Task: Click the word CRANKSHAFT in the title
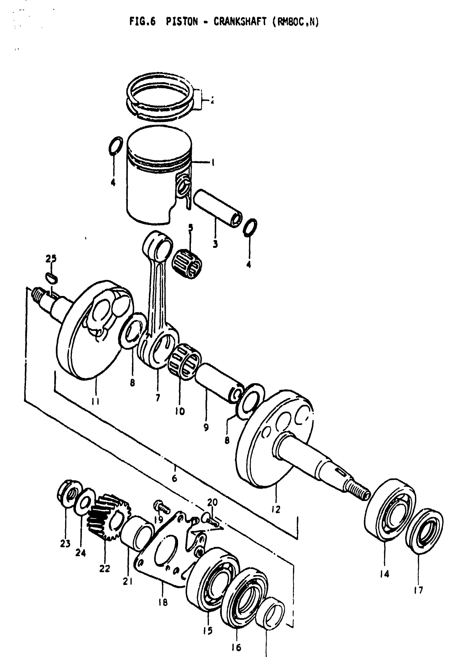[x=240, y=21]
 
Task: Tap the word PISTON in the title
[x=182, y=21]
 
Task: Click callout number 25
[x=51, y=258]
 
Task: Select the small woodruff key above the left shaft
[x=51, y=277]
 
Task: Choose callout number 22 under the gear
[x=104, y=569]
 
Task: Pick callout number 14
[x=385, y=574]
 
